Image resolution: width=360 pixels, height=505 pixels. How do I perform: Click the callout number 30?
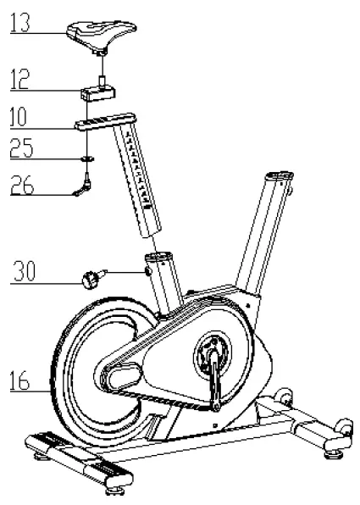coord(26,272)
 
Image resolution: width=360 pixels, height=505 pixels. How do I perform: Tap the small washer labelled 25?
coord(87,157)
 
